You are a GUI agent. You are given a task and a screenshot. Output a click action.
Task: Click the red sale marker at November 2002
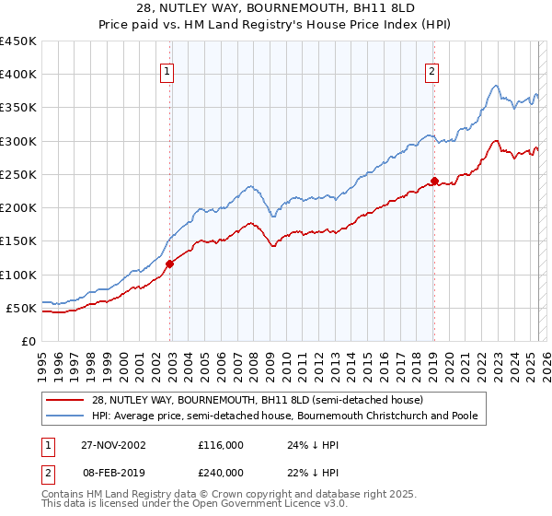[170, 264]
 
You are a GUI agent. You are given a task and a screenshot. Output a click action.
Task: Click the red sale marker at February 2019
[435, 181]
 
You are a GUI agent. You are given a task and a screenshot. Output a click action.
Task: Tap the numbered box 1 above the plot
[167, 72]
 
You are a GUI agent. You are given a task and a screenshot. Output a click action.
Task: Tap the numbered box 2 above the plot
[431, 72]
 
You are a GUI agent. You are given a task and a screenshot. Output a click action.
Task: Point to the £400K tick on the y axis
[18, 75]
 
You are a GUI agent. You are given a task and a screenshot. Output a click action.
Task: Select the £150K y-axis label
[18, 241]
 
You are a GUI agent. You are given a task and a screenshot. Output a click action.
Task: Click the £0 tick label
[28, 341]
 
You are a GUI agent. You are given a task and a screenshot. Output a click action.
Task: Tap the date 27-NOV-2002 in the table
[115, 444]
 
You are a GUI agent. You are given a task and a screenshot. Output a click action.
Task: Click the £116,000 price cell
[221, 444]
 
